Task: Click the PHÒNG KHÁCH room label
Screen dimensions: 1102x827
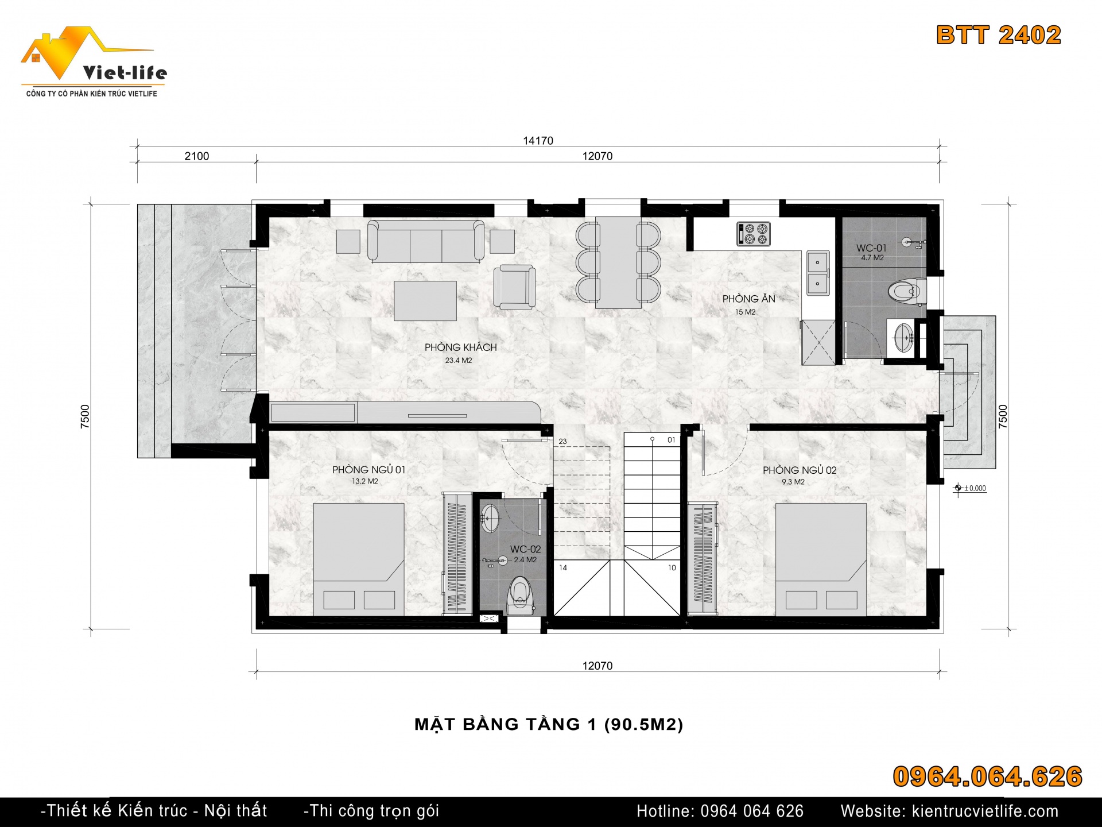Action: (x=460, y=347)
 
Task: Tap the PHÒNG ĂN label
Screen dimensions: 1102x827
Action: (x=748, y=299)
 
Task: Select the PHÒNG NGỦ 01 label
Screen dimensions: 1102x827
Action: (x=368, y=470)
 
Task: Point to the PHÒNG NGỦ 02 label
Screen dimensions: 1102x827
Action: (x=800, y=470)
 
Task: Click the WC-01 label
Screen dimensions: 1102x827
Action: (x=871, y=248)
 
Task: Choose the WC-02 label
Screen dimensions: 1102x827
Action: (x=525, y=549)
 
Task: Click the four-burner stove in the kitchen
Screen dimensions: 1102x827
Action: (x=754, y=234)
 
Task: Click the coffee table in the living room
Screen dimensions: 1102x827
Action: (x=425, y=301)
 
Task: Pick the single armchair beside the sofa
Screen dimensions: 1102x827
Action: (x=514, y=287)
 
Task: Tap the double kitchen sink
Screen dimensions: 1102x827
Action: (x=818, y=273)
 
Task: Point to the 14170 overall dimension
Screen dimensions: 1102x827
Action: (x=538, y=141)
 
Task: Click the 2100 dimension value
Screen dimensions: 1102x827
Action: (x=196, y=156)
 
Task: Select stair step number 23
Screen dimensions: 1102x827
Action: (x=562, y=442)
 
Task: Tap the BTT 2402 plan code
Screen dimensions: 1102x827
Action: (x=999, y=35)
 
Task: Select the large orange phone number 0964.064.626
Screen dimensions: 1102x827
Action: (x=988, y=776)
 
